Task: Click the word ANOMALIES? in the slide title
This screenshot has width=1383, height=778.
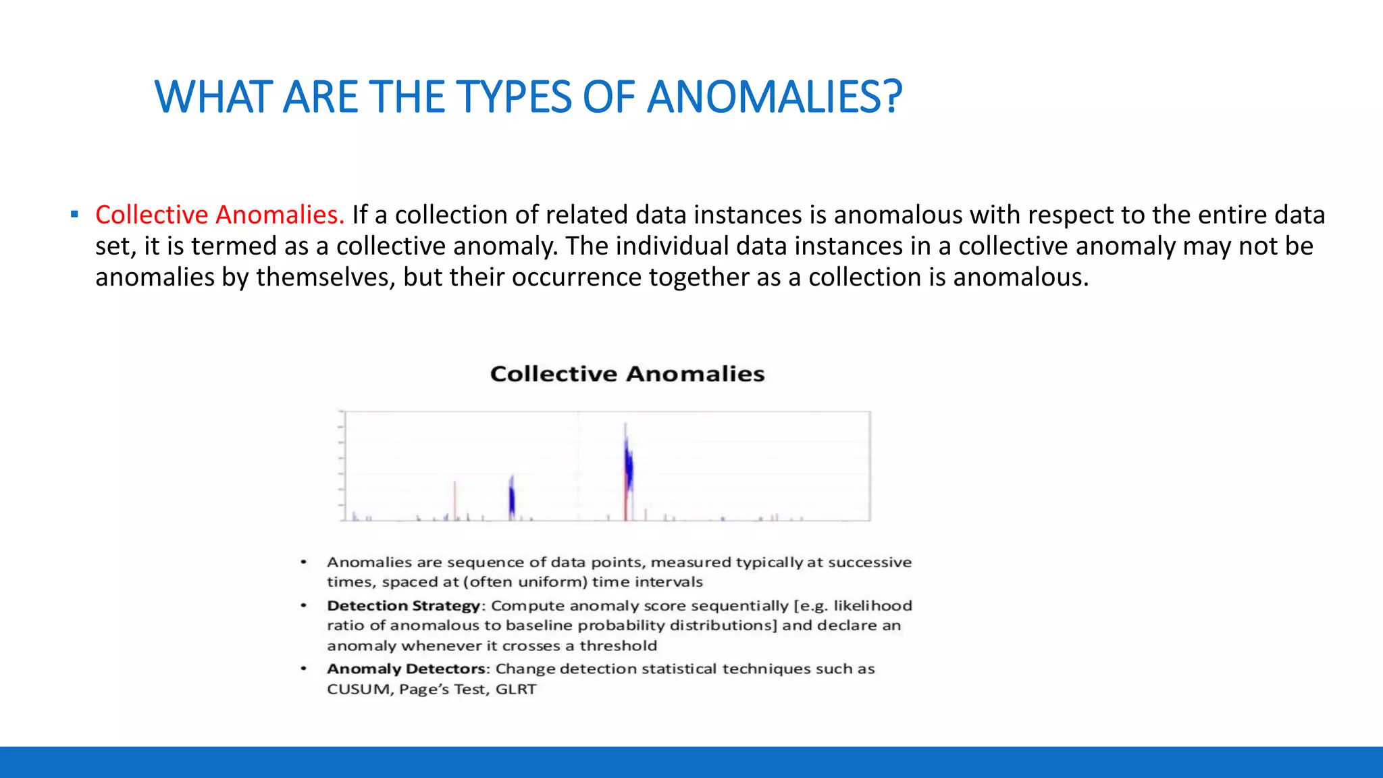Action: click(775, 97)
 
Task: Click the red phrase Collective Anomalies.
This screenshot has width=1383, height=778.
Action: click(219, 215)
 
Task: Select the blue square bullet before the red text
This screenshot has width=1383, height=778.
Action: click(74, 215)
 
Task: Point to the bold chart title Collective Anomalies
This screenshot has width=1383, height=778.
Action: click(627, 374)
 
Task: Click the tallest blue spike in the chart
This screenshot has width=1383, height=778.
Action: click(628, 466)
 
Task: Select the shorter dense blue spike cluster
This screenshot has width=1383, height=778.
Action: click(512, 498)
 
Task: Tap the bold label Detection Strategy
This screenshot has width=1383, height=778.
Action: click(403, 606)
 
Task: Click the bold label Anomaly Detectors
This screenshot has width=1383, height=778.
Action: click(407, 669)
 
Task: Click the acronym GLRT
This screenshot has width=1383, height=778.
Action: click(516, 690)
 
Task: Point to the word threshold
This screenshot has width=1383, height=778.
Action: click(618, 646)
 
